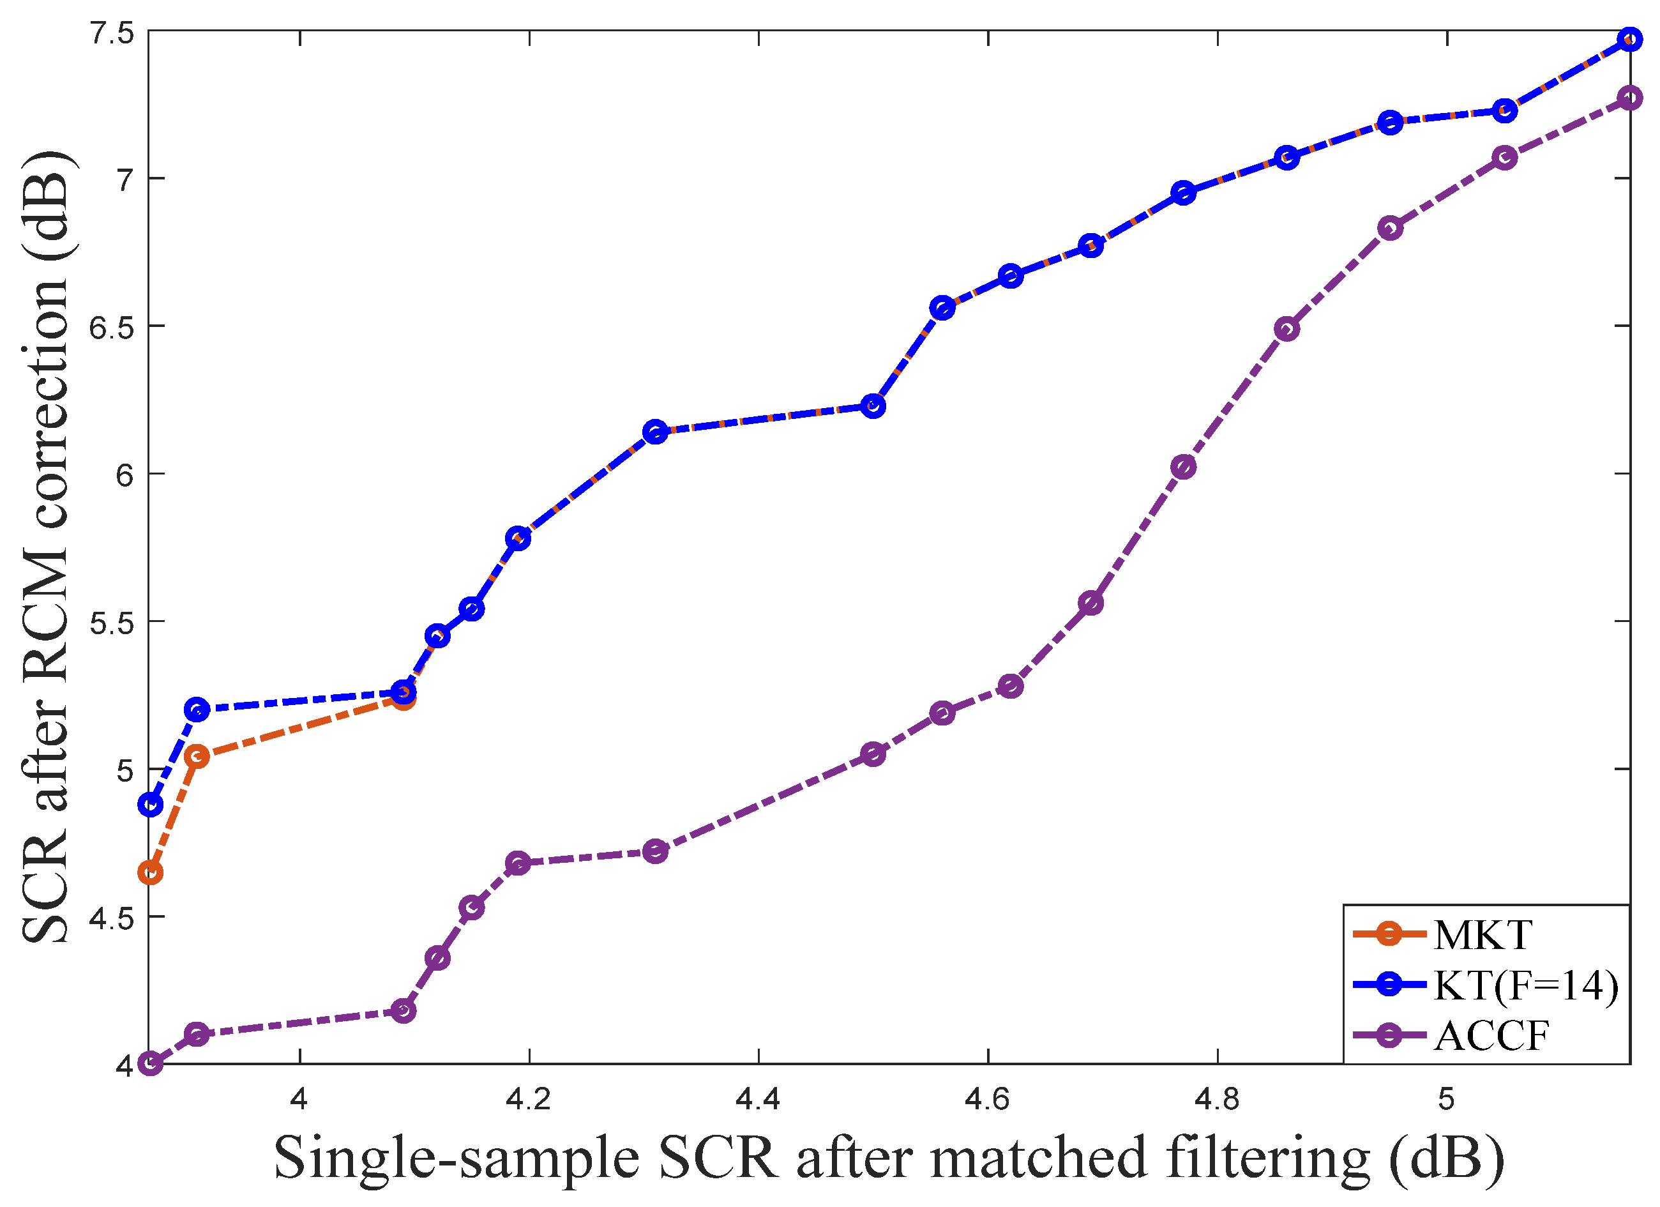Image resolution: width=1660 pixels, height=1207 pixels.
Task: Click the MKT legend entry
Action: (x=1481, y=935)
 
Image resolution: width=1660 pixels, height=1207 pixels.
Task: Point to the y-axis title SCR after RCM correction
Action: (x=45, y=547)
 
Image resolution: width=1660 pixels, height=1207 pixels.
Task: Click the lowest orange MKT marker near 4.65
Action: (x=151, y=872)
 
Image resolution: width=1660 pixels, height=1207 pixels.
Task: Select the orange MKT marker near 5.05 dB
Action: (x=197, y=756)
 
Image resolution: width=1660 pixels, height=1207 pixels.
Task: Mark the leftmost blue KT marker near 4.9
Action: (x=151, y=805)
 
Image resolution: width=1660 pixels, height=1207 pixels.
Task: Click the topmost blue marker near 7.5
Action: (x=1629, y=40)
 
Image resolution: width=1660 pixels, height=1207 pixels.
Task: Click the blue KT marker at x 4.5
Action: (x=872, y=406)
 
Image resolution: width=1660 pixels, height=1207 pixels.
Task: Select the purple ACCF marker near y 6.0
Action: (x=1184, y=467)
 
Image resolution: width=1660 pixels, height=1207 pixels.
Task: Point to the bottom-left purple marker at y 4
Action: (x=151, y=1063)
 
